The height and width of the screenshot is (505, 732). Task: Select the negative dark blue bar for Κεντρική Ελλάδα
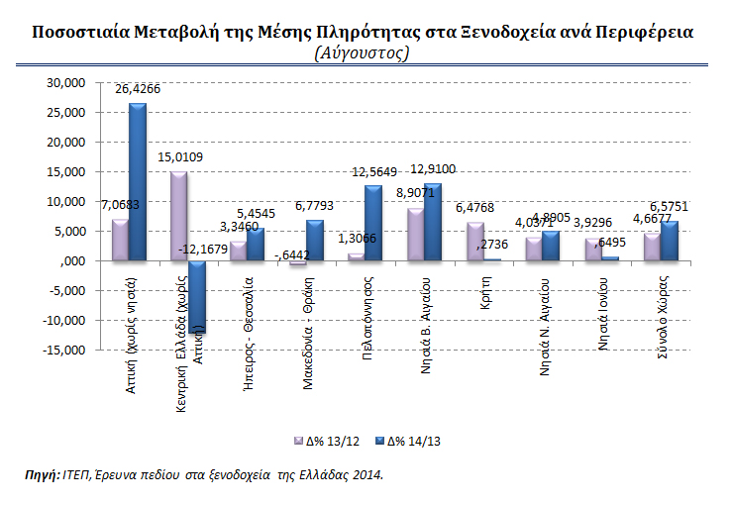tap(196, 297)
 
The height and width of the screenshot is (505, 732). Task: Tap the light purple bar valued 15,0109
tap(178, 216)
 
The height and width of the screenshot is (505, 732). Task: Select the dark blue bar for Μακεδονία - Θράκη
tap(314, 240)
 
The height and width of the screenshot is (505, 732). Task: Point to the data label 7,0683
tap(118, 205)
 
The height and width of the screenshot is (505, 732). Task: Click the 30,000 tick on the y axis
tap(66, 83)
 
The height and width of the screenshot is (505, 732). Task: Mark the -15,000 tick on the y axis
tap(63, 350)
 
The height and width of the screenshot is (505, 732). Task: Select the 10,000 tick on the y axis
tap(66, 201)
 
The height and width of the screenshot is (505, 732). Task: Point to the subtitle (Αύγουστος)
tap(362, 52)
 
